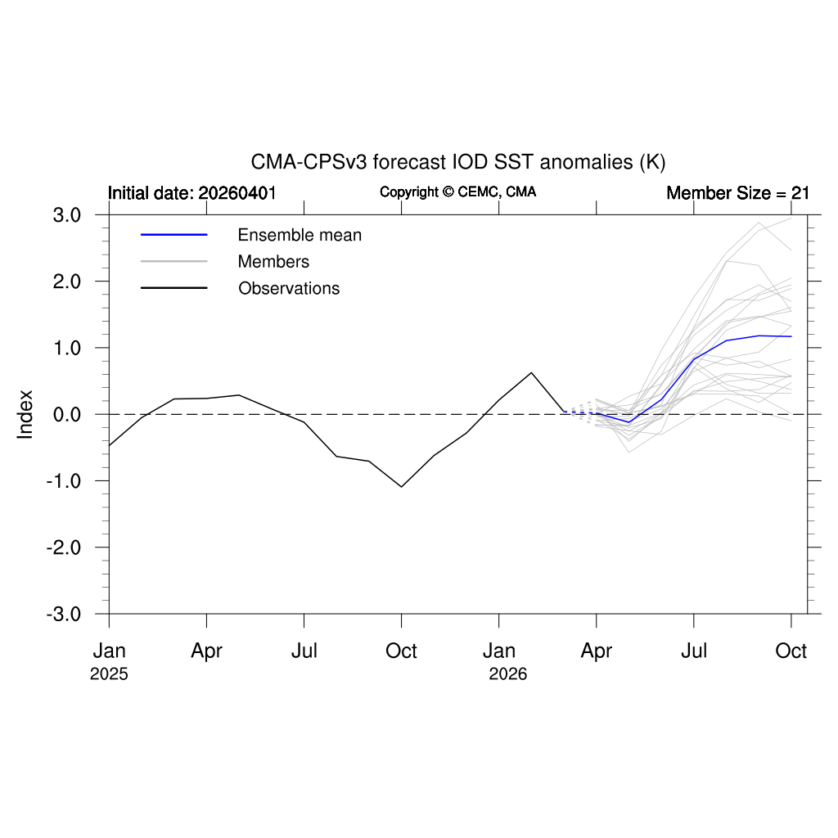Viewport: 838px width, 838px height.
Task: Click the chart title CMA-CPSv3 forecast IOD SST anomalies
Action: pyautogui.click(x=458, y=162)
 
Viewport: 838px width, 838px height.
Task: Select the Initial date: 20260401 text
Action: pyautogui.click(x=191, y=193)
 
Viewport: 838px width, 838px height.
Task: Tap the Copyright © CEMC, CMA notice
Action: pyautogui.click(x=458, y=191)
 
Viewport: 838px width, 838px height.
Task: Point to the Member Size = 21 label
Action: pyautogui.click(x=737, y=193)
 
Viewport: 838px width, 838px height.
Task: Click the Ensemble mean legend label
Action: pyautogui.click(x=300, y=235)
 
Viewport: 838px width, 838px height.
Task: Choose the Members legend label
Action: pyautogui.click(x=273, y=261)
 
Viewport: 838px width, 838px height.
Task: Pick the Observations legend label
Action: pyautogui.click(x=289, y=288)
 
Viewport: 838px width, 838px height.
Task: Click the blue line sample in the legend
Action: pyautogui.click(x=173, y=235)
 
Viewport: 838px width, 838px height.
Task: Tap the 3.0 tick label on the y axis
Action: pyautogui.click(x=67, y=215)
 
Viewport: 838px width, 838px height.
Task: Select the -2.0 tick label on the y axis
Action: pyautogui.click(x=64, y=547)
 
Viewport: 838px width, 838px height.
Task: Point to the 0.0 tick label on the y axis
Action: pyautogui.click(x=67, y=415)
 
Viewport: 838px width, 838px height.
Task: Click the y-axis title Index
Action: pyautogui.click(x=25, y=415)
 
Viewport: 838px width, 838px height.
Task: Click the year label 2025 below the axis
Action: pyautogui.click(x=109, y=674)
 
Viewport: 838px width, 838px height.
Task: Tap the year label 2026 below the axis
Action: pyautogui.click(x=507, y=674)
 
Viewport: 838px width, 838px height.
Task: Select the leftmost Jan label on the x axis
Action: pyautogui.click(x=109, y=651)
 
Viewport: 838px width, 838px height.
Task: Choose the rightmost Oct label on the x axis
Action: pyautogui.click(x=791, y=651)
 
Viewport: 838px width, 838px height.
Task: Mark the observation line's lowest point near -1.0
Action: pyautogui.click(x=401, y=486)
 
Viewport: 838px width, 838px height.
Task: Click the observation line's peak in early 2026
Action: pyautogui.click(x=531, y=372)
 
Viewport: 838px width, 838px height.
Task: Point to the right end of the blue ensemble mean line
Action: pyautogui.click(x=791, y=336)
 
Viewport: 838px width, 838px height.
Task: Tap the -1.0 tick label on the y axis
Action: pyautogui.click(x=64, y=481)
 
